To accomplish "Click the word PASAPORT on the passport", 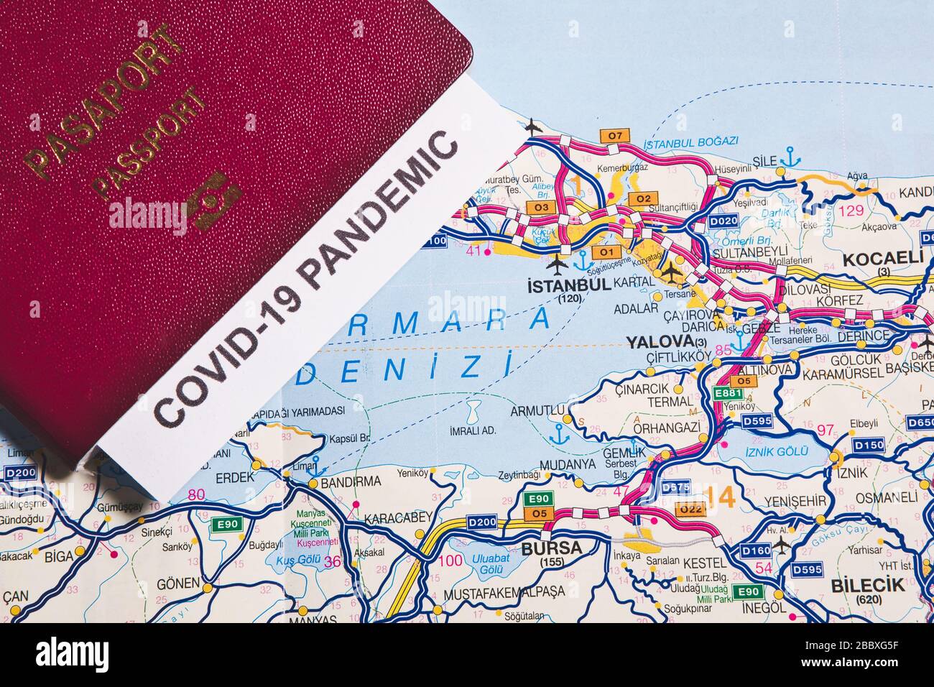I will click(x=101, y=100).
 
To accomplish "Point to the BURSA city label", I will click(x=551, y=548).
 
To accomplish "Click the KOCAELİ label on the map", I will click(x=883, y=258).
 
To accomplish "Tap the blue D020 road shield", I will click(x=723, y=221).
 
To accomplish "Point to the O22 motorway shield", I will click(x=690, y=509).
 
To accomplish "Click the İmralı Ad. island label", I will click(x=473, y=430).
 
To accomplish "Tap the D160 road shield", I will click(x=755, y=550).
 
